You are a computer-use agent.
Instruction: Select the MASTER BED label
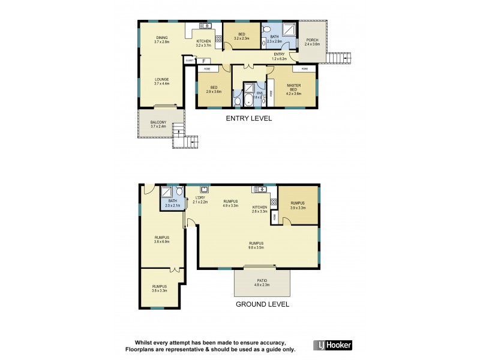click(x=293, y=88)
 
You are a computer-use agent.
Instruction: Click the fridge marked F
click(x=203, y=61)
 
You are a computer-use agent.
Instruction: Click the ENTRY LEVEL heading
click(x=248, y=118)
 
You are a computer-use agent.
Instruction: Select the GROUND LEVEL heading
click(x=262, y=304)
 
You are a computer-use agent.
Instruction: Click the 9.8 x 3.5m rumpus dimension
click(x=257, y=247)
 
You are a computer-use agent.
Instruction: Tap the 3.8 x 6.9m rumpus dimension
click(x=161, y=242)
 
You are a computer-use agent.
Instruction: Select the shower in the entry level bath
click(x=289, y=30)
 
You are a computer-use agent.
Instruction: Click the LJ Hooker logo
click(x=333, y=345)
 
